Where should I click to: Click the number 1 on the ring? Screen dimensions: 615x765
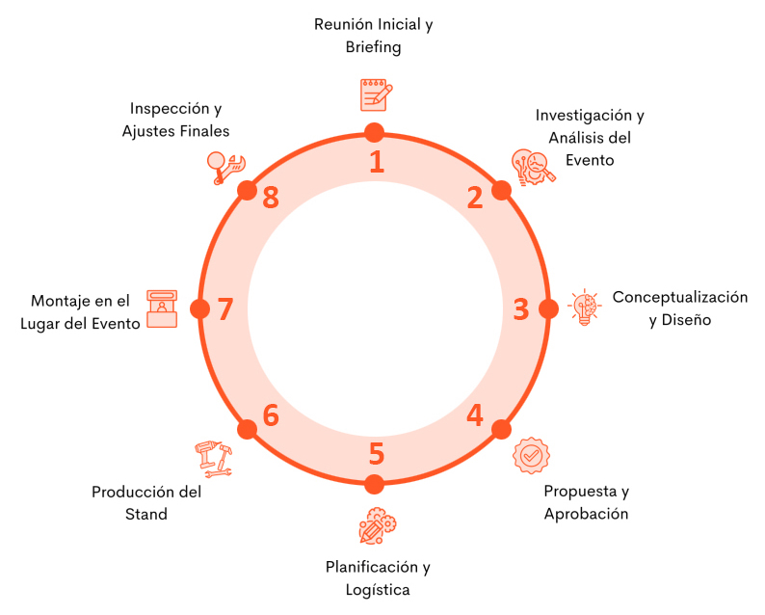click(x=377, y=161)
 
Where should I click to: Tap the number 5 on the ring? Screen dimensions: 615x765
click(x=376, y=453)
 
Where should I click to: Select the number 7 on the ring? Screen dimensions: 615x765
click(x=225, y=309)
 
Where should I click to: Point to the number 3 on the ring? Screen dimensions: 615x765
click(x=520, y=309)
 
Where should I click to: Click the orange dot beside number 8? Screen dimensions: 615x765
click(x=247, y=189)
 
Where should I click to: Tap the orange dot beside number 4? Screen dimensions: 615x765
click(x=501, y=429)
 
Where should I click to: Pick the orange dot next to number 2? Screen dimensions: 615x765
click(x=501, y=189)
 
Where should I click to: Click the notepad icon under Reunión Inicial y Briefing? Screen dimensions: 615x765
click(x=375, y=94)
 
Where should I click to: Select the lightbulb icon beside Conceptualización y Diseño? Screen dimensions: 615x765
click(x=584, y=307)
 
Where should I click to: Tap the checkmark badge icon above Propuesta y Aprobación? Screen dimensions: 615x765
click(x=531, y=455)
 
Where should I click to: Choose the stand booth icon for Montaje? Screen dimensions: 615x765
click(x=162, y=308)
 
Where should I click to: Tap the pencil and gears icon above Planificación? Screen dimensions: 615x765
click(x=377, y=526)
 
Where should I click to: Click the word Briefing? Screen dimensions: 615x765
click(x=373, y=46)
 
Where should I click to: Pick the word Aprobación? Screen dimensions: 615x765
click(x=586, y=514)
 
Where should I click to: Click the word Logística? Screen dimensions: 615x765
click(x=377, y=589)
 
